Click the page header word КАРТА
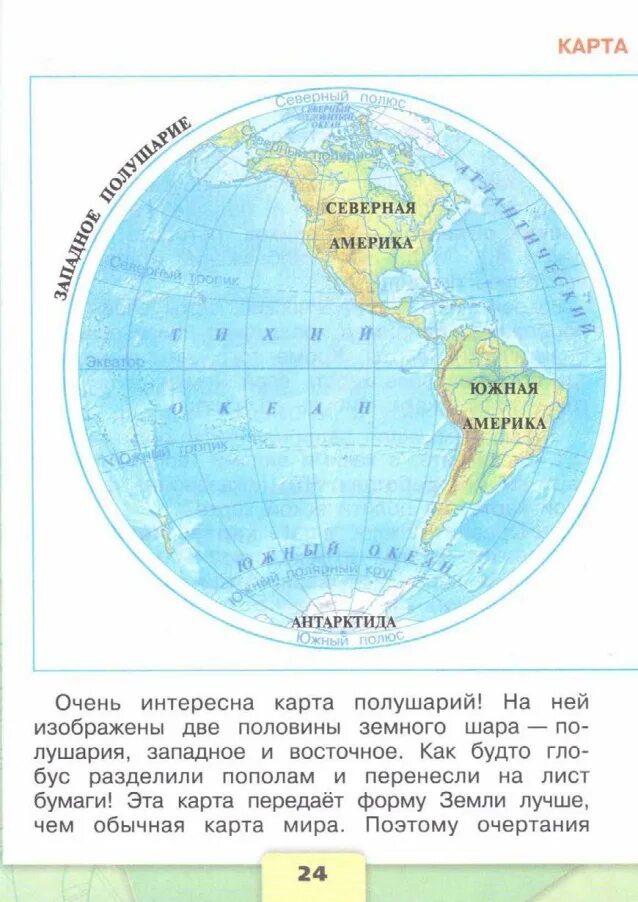(x=592, y=46)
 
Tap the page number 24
(x=312, y=873)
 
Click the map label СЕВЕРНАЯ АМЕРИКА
(x=369, y=225)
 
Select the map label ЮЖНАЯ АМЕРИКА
(x=504, y=405)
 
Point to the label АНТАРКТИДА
(x=343, y=622)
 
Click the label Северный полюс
(x=339, y=100)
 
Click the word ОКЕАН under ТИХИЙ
(x=272, y=408)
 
